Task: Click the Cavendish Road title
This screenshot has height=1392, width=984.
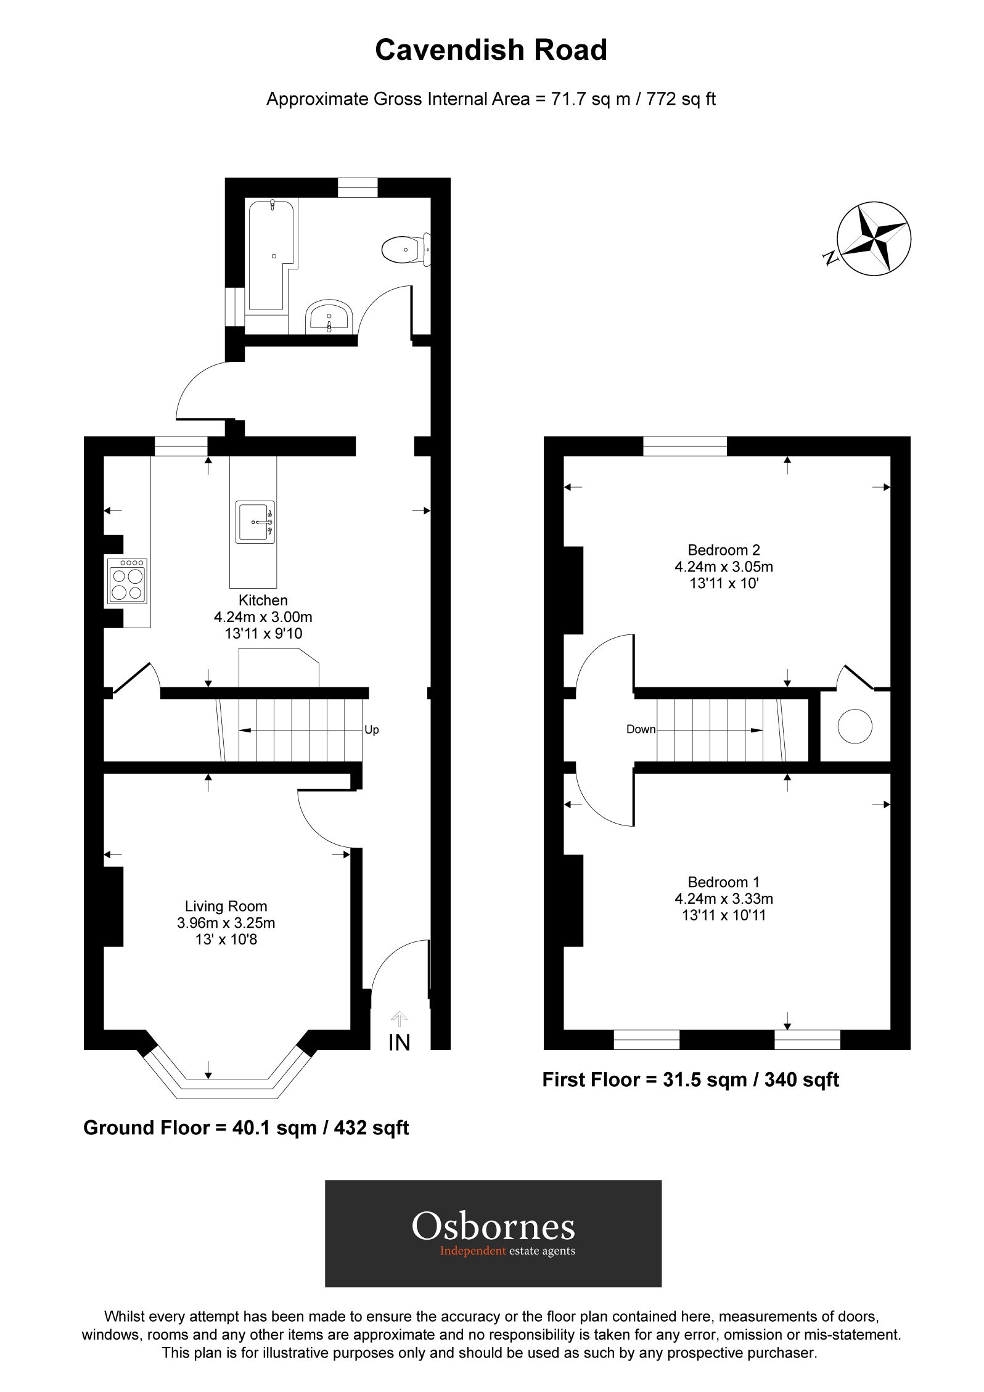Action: (x=491, y=50)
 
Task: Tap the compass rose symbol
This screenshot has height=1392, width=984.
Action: (x=874, y=238)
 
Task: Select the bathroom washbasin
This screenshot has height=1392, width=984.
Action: (x=330, y=316)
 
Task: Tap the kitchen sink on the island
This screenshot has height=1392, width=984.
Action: (x=255, y=522)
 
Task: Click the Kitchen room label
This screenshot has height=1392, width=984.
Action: (x=263, y=600)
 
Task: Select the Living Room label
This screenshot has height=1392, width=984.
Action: (x=226, y=906)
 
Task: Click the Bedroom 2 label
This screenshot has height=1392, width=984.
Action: (x=724, y=549)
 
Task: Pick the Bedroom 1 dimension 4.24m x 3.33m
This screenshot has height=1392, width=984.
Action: (x=724, y=898)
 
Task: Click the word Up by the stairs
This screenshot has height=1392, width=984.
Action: (x=372, y=730)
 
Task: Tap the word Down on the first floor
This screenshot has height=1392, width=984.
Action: (x=641, y=729)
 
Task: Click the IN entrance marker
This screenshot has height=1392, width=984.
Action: (x=399, y=1042)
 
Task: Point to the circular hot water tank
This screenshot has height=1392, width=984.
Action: (x=855, y=726)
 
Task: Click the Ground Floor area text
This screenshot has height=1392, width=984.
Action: (x=246, y=1128)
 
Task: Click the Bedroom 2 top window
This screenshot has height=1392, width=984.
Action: (x=685, y=446)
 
